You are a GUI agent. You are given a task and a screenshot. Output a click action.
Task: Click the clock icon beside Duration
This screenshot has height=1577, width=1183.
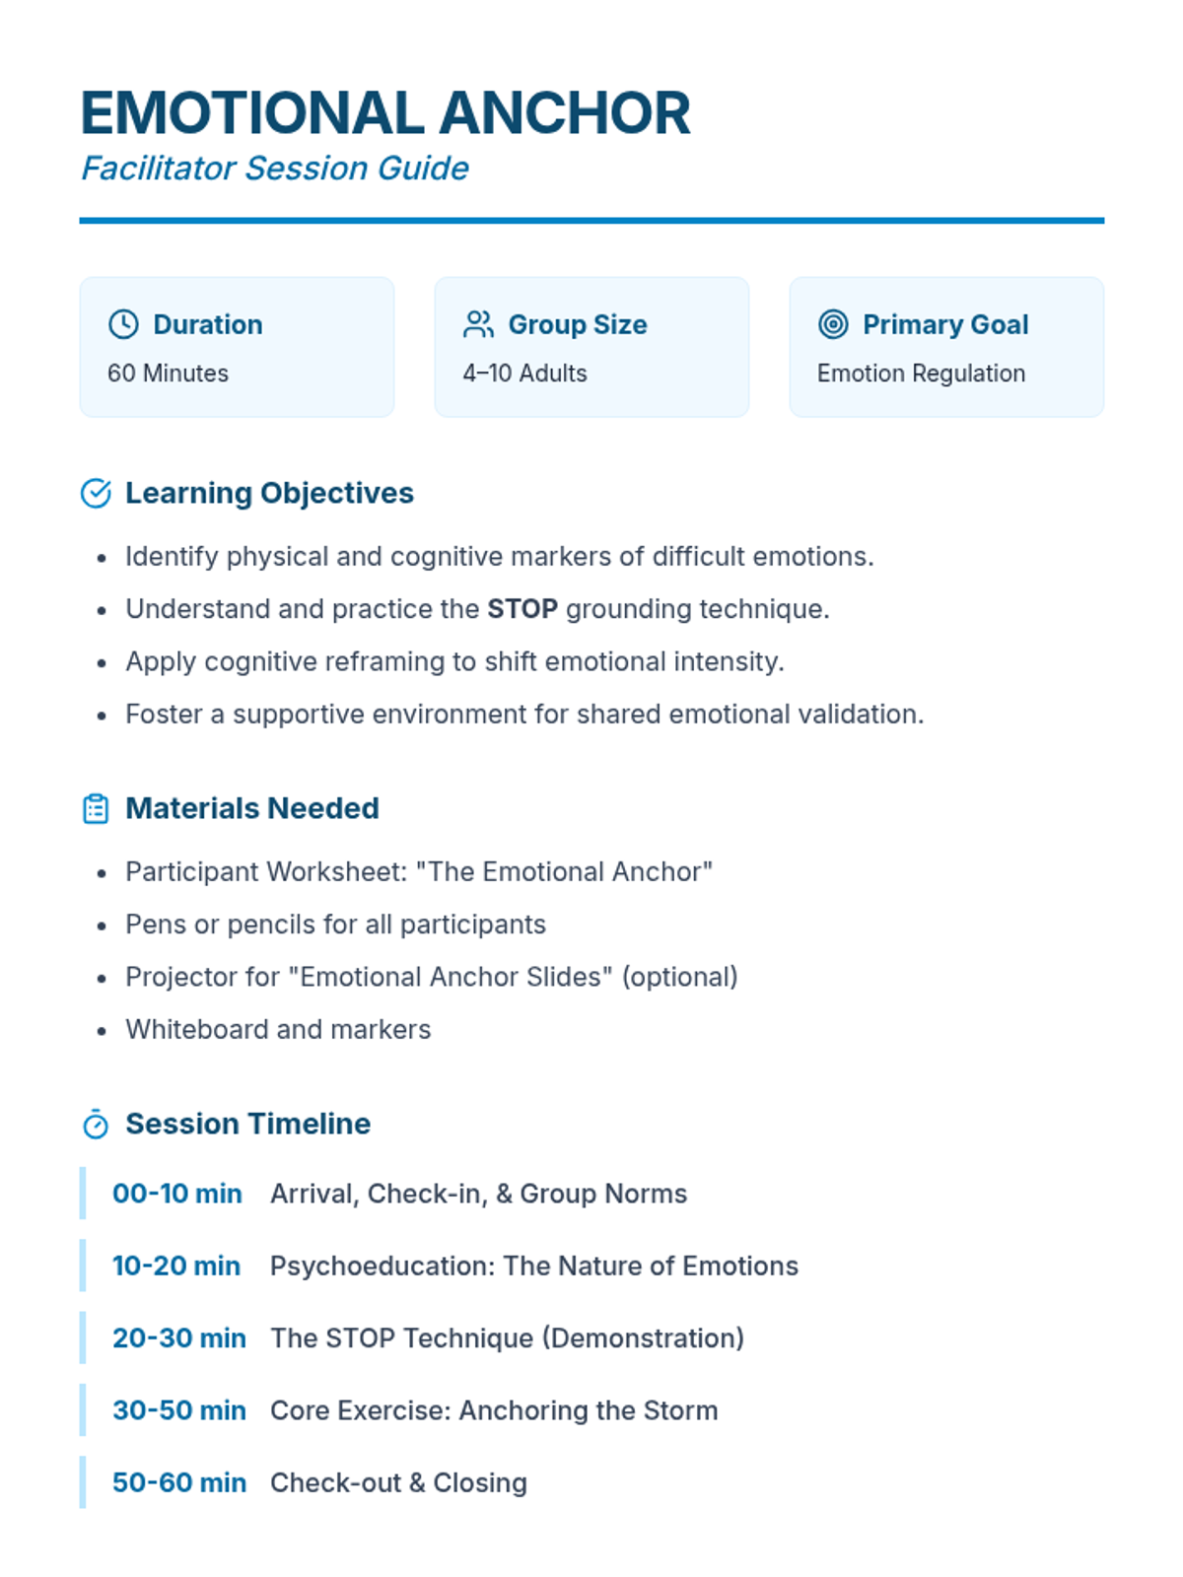click(x=123, y=324)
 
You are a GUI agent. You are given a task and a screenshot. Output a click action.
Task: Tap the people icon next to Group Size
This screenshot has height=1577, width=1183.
click(x=478, y=324)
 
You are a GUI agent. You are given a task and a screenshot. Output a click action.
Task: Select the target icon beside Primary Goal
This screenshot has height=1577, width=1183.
click(x=833, y=324)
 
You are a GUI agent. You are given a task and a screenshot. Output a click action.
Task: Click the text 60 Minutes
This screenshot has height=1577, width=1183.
click(x=168, y=374)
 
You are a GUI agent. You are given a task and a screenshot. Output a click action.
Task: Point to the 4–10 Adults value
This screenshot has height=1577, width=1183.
click(x=524, y=374)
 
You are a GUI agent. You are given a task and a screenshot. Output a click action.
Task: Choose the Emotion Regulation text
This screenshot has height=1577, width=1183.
click(x=921, y=374)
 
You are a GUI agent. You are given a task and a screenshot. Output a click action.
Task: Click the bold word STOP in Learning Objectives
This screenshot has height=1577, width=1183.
click(x=522, y=609)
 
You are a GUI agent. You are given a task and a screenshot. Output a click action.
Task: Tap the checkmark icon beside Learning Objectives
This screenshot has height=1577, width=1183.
click(x=96, y=493)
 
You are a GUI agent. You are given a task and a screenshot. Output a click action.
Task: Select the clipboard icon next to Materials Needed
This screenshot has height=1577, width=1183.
click(x=96, y=809)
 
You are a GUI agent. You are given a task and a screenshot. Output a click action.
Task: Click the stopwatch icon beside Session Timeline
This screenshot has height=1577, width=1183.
click(x=96, y=1125)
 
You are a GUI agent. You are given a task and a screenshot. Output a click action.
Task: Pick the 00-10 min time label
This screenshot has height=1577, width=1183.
click(x=177, y=1194)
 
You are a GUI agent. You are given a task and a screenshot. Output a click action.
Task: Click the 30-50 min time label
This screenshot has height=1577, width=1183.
click(x=179, y=1410)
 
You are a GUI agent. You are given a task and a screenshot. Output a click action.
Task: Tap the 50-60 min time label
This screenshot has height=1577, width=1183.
click(x=179, y=1482)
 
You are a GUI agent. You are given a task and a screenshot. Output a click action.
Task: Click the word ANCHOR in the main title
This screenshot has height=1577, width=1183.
click(x=565, y=113)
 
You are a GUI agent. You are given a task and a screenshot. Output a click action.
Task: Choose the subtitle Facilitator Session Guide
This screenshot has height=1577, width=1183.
click(x=275, y=169)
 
